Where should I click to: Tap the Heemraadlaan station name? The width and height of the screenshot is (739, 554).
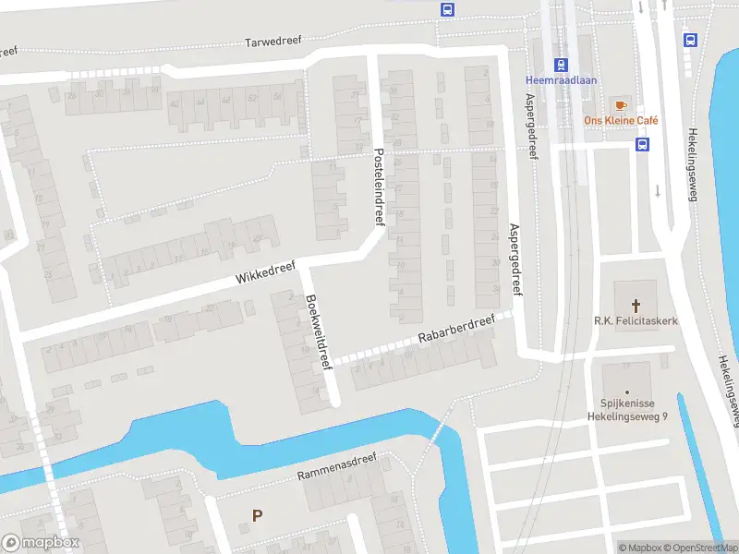561,80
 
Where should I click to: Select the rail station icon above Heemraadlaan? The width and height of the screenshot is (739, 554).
560,65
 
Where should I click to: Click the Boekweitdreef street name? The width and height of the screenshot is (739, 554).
319,331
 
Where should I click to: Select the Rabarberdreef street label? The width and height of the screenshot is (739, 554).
455,331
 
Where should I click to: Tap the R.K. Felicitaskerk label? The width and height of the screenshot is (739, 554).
636,320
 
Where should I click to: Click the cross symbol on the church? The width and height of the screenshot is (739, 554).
636,305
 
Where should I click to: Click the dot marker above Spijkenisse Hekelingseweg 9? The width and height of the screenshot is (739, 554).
626,391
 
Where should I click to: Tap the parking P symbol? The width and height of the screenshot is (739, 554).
258,515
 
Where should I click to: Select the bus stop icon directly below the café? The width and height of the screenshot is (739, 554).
642,144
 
